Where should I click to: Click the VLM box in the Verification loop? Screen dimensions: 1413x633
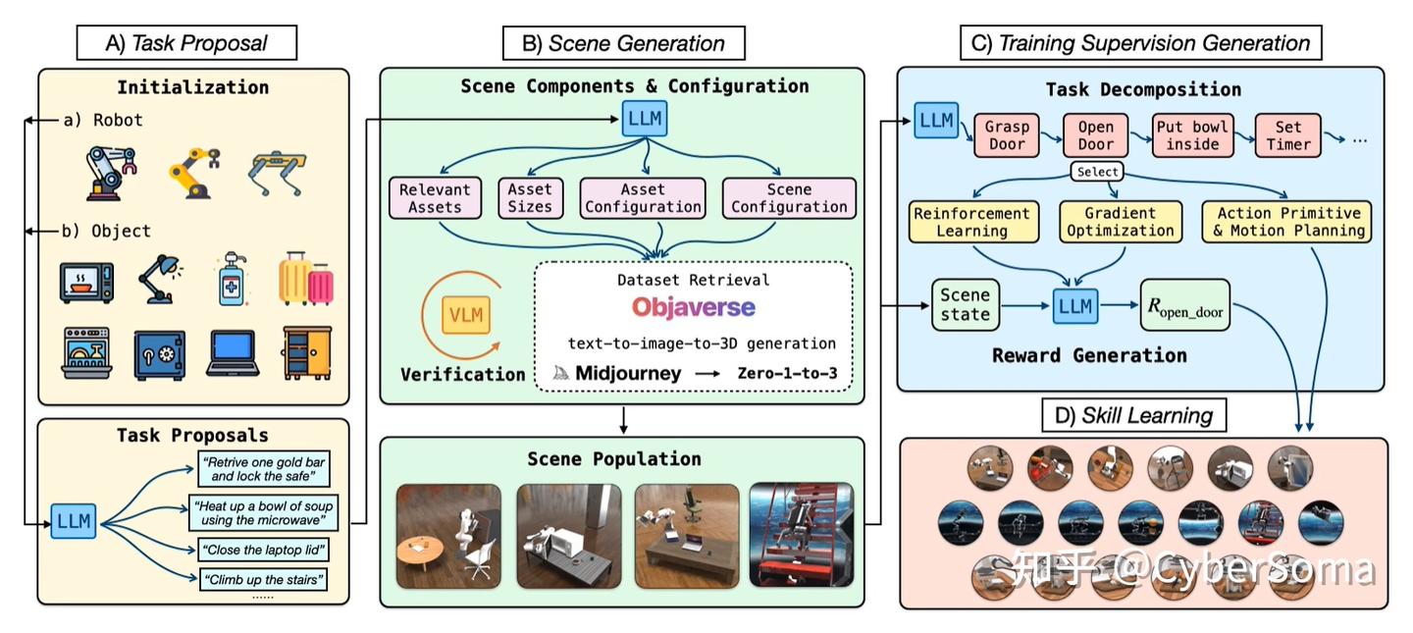[x=466, y=315]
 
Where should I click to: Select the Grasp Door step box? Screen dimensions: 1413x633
[x=1007, y=135]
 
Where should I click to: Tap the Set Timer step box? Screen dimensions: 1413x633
[x=1288, y=135]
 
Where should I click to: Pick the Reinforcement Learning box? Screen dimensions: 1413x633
[x=973, y=222]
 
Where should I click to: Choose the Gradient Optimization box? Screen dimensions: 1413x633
[x=1121, y=222]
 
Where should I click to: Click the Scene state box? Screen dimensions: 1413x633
[x=966, y=305]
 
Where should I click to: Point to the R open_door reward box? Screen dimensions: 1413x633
[x=1184, y=305]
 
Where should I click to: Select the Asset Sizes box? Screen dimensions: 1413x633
[x=530, y=198]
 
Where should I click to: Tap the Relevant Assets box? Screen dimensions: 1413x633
[x=435, y=198]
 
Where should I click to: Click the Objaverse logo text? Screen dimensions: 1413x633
[x=693, y=307]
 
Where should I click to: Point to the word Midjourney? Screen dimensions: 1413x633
[x=628, y=374]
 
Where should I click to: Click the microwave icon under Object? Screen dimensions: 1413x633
[x=87, y=283]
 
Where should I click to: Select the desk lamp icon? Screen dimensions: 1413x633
[x=161, y=279]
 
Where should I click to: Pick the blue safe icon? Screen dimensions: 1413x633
[x=160, y=355]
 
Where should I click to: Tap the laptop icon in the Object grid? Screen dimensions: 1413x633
[x=233, y=353]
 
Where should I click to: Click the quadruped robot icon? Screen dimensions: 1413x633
[x=277, y=173]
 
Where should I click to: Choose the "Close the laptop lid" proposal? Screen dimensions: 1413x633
[x=264, y=550]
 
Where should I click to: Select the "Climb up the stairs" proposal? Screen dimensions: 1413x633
[x=263, y=579]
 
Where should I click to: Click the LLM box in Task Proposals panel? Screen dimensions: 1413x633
[x=74, y=521]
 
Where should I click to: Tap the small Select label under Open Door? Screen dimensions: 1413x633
[x=1098, y=172]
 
